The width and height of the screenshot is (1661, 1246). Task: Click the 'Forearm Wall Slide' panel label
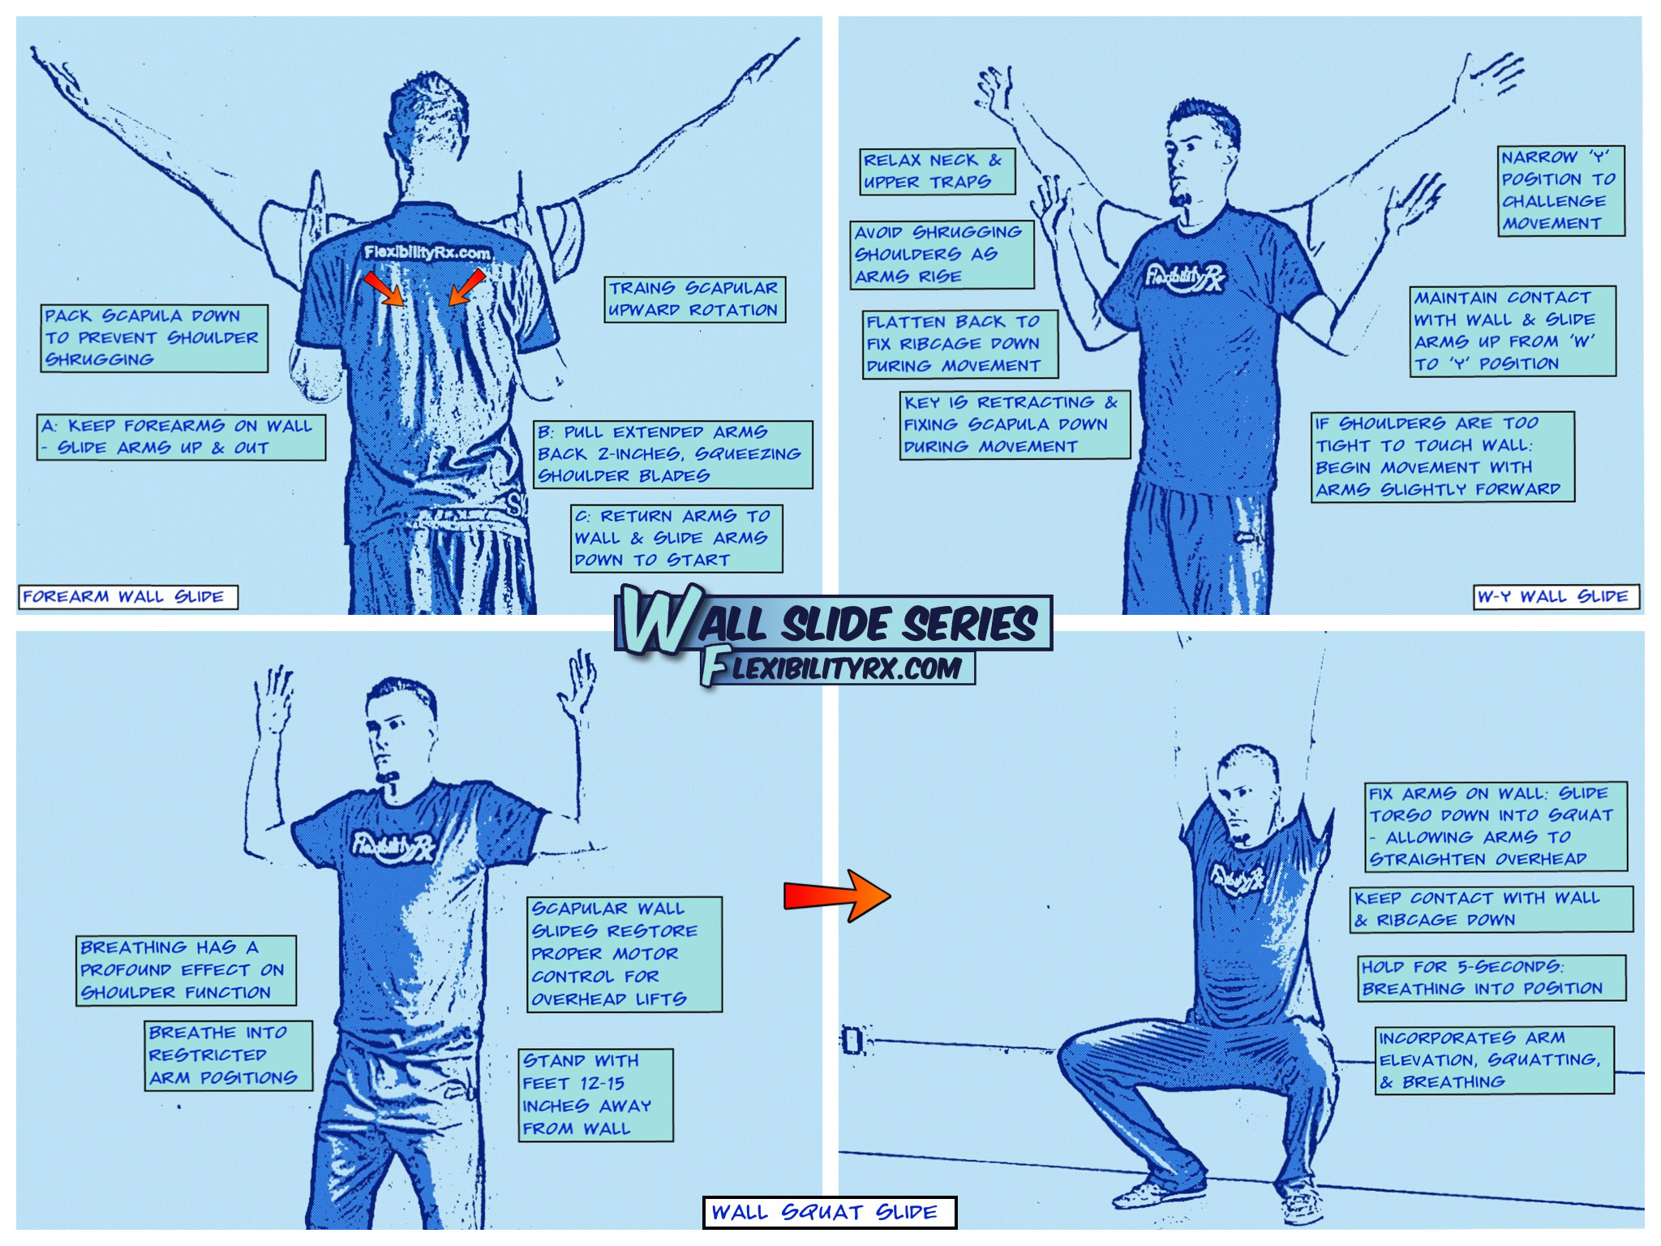coord(128,597)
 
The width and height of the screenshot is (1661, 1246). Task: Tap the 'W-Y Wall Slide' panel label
coord(1556,596)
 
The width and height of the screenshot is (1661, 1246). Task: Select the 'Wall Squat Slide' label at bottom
coord(830,1212)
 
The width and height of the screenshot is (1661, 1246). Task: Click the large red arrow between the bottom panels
coord(837,896)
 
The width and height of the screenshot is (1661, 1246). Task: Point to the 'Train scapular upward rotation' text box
coord(695,299)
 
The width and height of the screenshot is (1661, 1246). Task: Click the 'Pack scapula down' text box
coord(154,338)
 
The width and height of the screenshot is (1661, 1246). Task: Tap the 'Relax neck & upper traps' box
coord(938,171)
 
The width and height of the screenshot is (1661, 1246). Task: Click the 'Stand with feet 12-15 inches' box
coord(596,1095)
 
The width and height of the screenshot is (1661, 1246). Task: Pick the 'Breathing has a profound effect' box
coord(186,971)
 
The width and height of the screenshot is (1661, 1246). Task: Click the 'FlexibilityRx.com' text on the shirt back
coord(427,253)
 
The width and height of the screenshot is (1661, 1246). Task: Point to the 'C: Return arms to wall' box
coord(676,539)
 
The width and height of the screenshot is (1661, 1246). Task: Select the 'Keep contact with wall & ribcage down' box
coord(1491,909)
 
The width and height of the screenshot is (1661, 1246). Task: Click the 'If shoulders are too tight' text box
coord(1444,457)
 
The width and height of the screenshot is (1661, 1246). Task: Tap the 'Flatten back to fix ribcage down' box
coord(960,344)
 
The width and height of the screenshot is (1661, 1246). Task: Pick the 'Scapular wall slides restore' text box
coord(624,954)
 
